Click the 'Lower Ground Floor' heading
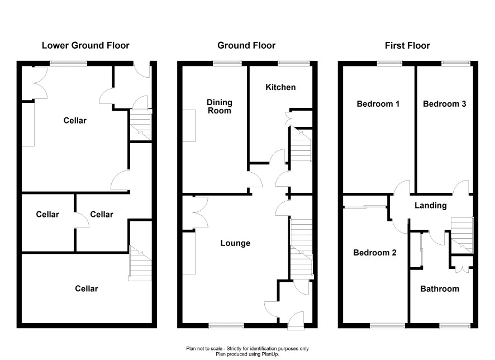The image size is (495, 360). pos(85,45)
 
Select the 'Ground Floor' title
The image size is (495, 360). pos(246,45)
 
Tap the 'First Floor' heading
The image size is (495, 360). pos(407,45)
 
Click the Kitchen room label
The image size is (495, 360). pos(280,87)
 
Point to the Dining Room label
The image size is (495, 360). pos(220,106)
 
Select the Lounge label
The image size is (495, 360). pos(235,243)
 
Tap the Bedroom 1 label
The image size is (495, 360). pos(378,104)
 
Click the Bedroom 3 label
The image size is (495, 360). pos(444,104)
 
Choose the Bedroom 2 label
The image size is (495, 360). pos(375,253)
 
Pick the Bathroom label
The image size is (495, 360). pos(440,288)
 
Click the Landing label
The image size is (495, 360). pos(431,206)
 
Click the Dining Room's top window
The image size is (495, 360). pos(227,63)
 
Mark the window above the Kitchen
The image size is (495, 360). pos(293,63)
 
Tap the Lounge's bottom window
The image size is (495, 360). pos(226,325)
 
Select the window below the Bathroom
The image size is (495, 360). pos(455,325)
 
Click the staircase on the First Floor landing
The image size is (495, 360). pos(461,235)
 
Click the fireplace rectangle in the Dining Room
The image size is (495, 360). pos(189,126)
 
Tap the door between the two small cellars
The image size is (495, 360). pos(82,220)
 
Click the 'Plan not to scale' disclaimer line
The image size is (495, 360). pos(247,349)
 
